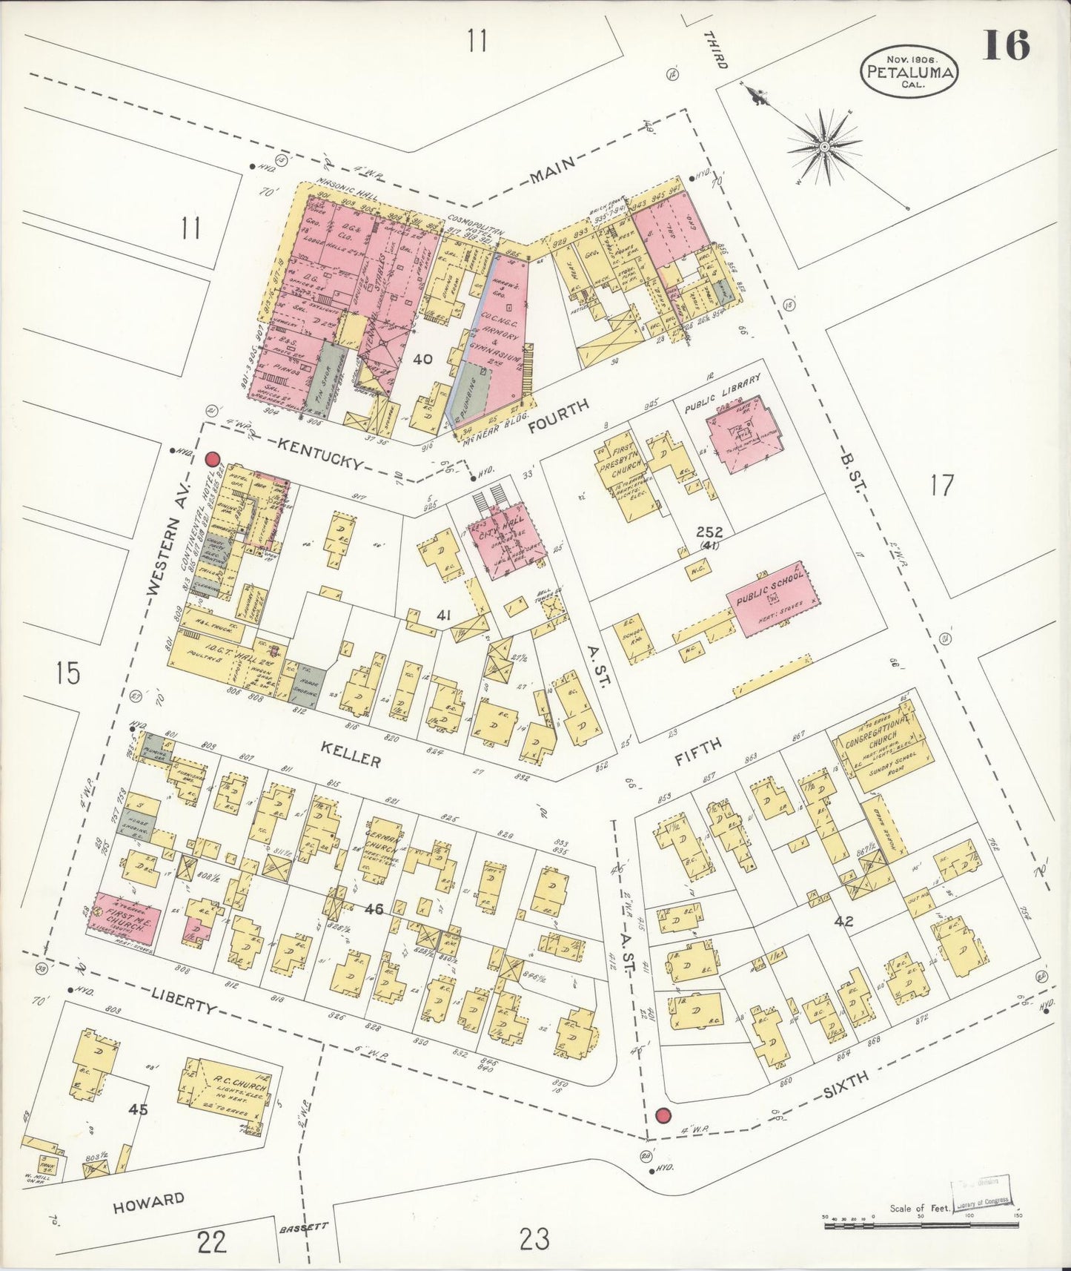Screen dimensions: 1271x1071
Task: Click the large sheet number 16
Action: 1006,46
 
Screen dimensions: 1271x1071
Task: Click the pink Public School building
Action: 768,597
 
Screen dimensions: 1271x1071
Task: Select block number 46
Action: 374,908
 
